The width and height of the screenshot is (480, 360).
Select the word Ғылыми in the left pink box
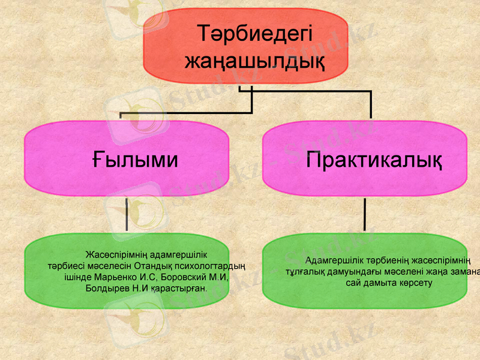135,160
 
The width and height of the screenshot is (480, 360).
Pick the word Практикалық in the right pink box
374,160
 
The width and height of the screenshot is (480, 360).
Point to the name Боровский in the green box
185,277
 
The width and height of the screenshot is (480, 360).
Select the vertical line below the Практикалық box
365,215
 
